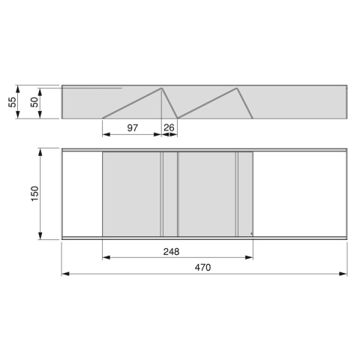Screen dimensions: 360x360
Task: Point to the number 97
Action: [x=132, y=128]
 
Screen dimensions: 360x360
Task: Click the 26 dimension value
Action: [x=169, y=128]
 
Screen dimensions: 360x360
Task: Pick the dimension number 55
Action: [x=12, y=100]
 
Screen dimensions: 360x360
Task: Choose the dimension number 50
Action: [x=34, y=102]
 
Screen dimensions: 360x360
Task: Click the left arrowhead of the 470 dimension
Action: [x=65, y=273]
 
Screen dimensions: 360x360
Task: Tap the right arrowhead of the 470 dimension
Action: [x=345, y=273]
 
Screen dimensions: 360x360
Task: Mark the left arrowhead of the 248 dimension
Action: [x=105, y=258]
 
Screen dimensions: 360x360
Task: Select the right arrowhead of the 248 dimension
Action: [x=250, y=258]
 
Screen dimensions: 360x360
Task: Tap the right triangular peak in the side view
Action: [x=237, y=88]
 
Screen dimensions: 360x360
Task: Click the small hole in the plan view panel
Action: [x=250, y=234]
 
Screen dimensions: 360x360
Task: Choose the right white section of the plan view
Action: [x=300, y=193]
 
